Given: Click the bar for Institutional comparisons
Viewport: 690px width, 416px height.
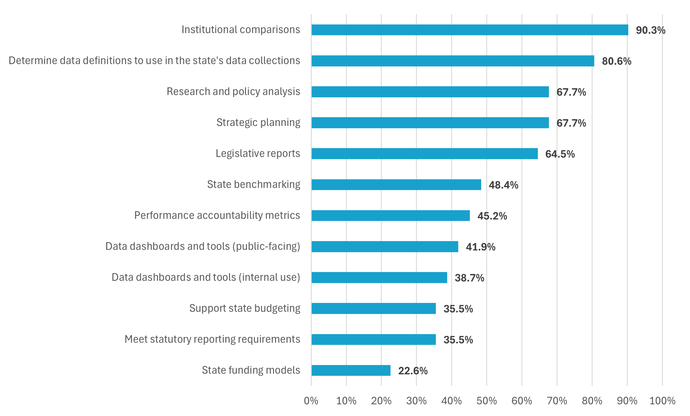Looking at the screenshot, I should click(470, 30).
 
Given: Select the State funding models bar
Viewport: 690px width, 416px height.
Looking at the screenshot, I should click(351, 370).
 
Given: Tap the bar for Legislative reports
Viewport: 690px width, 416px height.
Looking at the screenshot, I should click(424, 153).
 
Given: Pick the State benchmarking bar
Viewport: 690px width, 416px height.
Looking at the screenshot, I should click(396, 185).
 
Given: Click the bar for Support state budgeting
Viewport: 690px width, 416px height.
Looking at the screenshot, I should click(373, 309).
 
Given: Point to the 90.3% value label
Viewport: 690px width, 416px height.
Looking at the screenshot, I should click(650, 30).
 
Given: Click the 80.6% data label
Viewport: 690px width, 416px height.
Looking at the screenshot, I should click(616, 61).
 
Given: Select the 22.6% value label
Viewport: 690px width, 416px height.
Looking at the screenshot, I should click(413, 371).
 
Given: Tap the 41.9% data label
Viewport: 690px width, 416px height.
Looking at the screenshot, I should click(480, 247).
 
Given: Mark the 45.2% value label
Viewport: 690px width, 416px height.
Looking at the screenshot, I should click(492, 216).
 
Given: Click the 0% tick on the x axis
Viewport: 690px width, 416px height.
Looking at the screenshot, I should click(311, 401).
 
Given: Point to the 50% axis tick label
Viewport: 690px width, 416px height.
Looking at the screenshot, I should click(487, 401).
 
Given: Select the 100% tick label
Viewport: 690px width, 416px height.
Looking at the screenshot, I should click(662, 401).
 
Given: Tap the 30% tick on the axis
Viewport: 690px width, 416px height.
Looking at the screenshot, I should click(416, 401).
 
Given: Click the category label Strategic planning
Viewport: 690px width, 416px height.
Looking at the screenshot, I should click(258, 123).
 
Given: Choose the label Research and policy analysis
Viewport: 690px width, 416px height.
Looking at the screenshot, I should click(233, 92).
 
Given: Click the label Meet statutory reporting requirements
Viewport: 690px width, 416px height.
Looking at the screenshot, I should click(212, 339).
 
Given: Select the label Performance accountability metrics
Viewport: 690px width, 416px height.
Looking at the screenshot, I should click(217, 215).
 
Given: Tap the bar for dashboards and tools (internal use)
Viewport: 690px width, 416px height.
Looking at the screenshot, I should click(379, 278).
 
